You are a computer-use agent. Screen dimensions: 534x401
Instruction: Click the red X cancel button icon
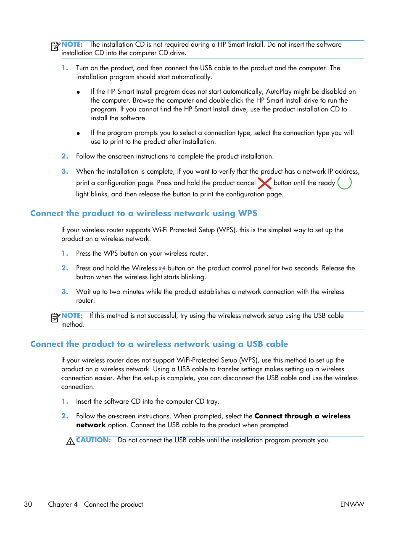click(x=264, y=183)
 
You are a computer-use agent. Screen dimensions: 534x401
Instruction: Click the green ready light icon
click(x=344, y=183)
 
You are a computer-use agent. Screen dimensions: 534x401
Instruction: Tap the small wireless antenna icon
click(x=162, y=269)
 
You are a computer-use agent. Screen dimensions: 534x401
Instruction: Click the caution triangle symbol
click(x=70, y=441)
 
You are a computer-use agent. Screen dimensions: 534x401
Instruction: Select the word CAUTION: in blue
click(x=93, y=440)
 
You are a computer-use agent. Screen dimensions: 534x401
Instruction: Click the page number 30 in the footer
click(x=28, y=504)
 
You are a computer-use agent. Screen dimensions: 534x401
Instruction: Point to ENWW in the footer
click(x=352, y=504)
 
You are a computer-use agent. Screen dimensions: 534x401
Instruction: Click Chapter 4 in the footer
click(x=63, y=504)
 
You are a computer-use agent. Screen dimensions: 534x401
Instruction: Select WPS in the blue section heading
click(x=248, y=213)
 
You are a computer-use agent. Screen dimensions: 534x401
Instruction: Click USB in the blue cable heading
click(x=254, y=344)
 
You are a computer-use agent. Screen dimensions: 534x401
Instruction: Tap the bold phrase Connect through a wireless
click(x=302, y=416)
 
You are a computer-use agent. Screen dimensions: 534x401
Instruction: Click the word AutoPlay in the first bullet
click(x=279, y=91)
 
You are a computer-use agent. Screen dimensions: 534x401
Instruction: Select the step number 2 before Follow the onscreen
click(x=65, y=156)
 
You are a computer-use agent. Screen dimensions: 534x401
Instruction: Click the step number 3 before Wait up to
click(x=65, y=291)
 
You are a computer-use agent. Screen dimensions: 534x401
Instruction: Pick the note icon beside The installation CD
click(x=55, y=46)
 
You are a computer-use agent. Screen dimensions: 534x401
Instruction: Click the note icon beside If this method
click(x=55, y=317)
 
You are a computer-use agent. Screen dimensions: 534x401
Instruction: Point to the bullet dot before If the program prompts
click(x=78, y=133)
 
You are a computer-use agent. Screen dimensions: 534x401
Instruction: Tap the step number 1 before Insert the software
click(x=65, y=401)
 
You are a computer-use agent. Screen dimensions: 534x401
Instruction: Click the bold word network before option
click(x=91, y=425)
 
